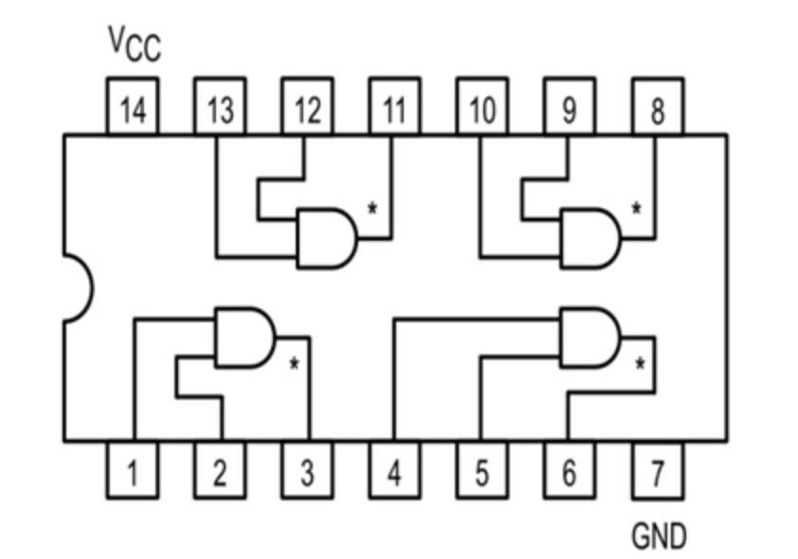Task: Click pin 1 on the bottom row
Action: [x=132, y=470]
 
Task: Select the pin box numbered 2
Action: [x=220, y=470]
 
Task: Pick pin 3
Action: [x=307, y=470]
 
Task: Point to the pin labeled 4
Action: [x=393, y=470]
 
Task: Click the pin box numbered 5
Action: [x=481, y=470]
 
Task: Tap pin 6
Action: [x=569, y=470]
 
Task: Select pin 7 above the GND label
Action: [x=657, y=470]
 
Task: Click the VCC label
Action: [x=134, y=43]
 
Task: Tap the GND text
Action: [x=659, y=536]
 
